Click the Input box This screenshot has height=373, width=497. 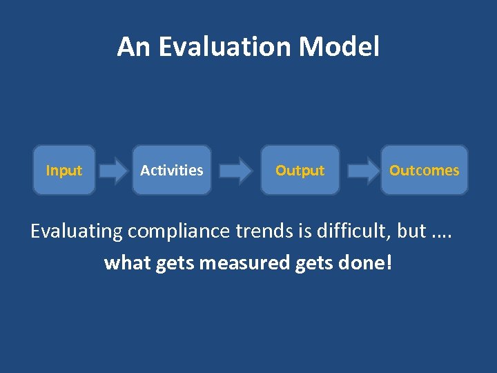[x=64, y=170]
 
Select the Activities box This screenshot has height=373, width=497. [x=172, y=170]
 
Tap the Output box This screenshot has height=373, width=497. [x=300, y=170]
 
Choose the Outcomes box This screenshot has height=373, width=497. [x=424, y=170]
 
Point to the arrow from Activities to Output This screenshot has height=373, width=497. [x=236, y=171]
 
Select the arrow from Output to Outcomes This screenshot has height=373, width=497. [x=360, y=171]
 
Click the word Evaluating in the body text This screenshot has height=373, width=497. [x=76, y=231]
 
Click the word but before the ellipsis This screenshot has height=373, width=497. [x=412, y=231]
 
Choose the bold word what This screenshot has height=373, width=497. [x=127, y=263]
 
